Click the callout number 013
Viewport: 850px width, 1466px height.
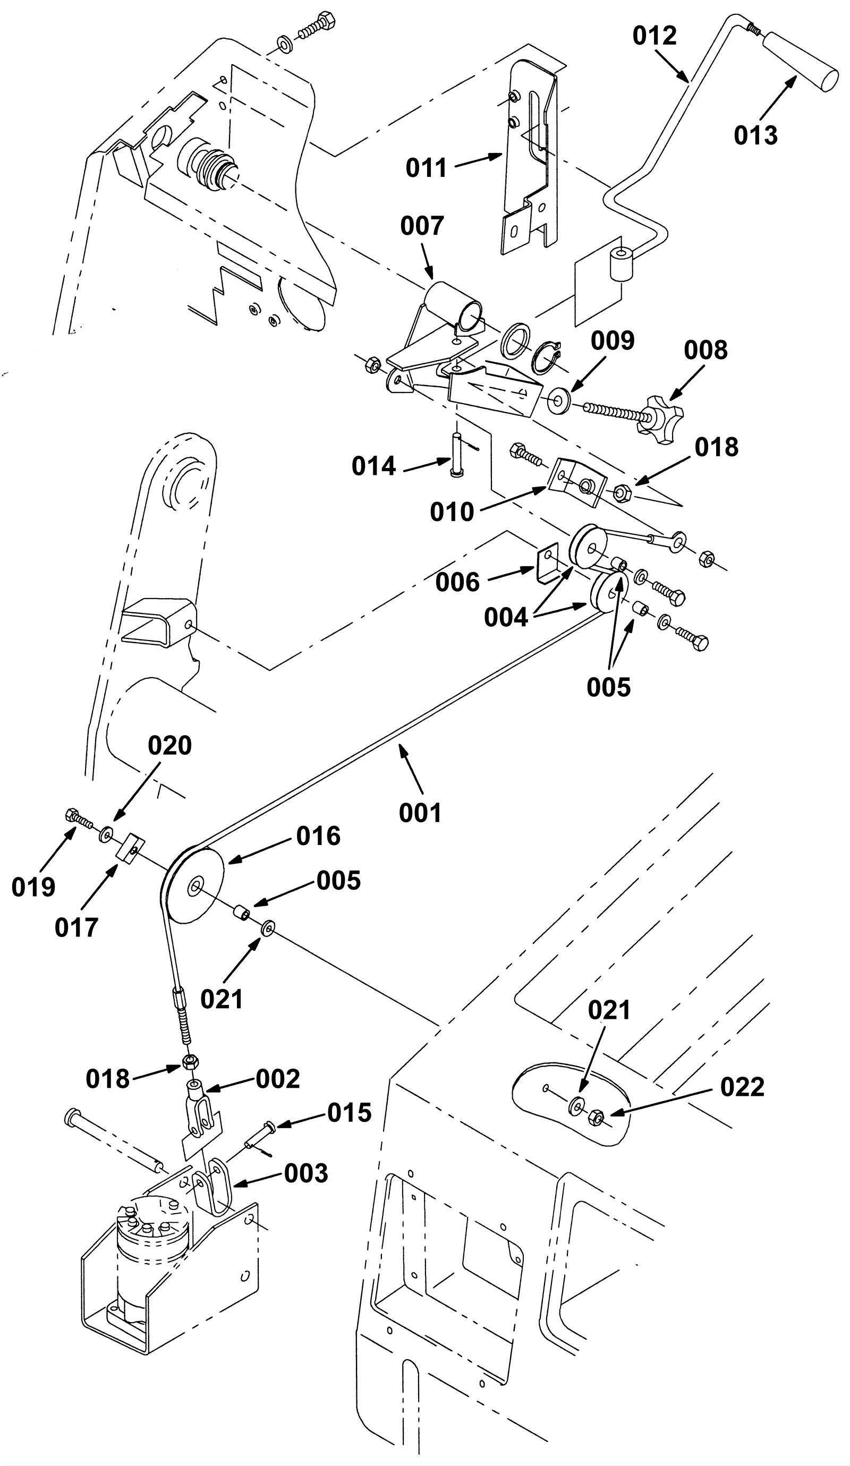[755, 135]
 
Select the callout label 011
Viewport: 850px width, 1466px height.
[426, 168]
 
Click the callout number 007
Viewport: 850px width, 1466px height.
[422, 226]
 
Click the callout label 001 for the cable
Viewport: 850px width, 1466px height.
[420, 813]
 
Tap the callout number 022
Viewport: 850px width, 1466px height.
[742, 1087]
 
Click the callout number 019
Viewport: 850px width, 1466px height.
[33, 887]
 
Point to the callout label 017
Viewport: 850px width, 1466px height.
[76, 927]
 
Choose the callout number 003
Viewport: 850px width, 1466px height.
[306, 1173]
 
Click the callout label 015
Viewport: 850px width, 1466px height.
[349, 1112]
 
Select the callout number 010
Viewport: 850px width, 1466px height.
[452, 512]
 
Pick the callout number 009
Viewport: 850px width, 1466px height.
[612, 341]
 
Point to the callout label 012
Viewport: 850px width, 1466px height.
[654, 36]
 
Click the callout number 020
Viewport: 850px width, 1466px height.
[169, 745]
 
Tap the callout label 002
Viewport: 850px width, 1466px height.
[277, 1079]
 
